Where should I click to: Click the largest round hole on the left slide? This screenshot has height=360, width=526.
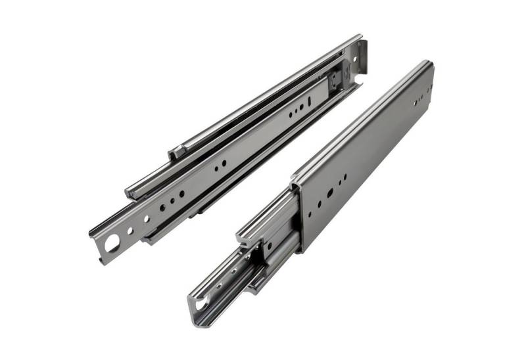(112, 243)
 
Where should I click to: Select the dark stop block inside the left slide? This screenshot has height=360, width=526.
(336, 79)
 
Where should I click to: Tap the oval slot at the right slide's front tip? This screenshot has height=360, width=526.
(200, 304)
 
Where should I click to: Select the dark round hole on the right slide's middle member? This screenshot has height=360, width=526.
(268, 246)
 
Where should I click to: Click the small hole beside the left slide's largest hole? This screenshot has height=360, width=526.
(130, 231)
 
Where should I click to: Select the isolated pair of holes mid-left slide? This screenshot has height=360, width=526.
(220, 164)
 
